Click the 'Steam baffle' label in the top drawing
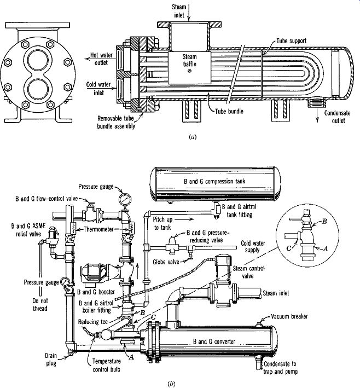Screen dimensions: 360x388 click(x=190, y=60)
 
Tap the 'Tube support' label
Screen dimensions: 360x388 click(x=291, y=41)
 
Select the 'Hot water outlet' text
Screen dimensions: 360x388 click(x=101, y=59)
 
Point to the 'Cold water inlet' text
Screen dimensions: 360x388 click(x=98, y=89)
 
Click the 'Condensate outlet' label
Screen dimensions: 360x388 click(x=337, y=117)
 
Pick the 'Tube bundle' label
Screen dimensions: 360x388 click(x=229, y=111)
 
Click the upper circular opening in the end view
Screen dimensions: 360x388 click(x=38, y=60)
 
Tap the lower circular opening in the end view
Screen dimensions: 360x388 click(x=38, y=89)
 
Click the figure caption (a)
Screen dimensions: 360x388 click(x=193, y=137)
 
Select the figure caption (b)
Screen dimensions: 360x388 click(x=171, y=384)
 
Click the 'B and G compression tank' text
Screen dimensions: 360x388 click(x=214, y=181)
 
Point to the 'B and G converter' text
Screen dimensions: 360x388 click(x=214, y=341)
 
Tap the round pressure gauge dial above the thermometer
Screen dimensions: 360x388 click(x=125, y=199)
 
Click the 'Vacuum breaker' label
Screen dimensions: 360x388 click(x=289, y=316)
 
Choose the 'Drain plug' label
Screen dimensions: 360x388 click(x=51, y=360)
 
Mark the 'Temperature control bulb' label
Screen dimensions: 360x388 click(x=107, y=365)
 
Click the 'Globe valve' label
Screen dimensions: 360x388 click(x=166, y=262)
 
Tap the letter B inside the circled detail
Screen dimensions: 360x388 click(x=324, y=221)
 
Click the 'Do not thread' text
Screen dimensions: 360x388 click(x=40, y=305)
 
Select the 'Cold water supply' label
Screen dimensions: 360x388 click(x=253, y=246)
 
